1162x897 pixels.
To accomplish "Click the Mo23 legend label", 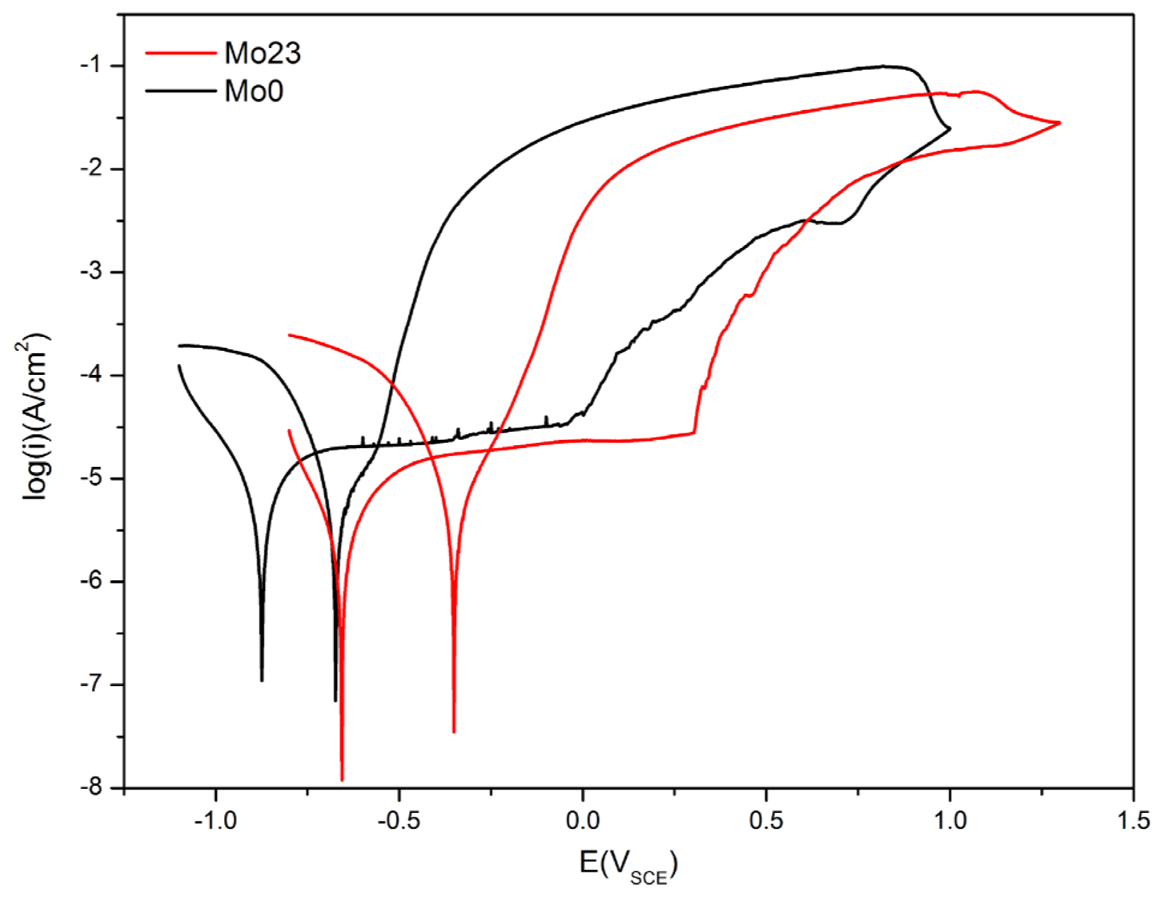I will [x=262, y=53].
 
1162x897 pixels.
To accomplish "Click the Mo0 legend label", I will [x=254, y=92].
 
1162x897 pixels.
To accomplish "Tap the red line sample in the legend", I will [x=181, y=53].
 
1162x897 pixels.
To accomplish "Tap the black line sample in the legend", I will [x=181, y=91].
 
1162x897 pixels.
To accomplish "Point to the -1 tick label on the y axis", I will [x=94, y=65].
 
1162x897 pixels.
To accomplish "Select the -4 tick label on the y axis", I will [x=94, y=375].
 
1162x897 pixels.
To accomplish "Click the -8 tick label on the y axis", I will [x=94, y=787].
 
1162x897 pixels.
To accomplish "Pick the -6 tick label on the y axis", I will [x=94, y=581].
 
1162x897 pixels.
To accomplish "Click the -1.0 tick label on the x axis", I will [x=216, y=821].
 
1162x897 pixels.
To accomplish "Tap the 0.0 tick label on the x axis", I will [x=583, y=821].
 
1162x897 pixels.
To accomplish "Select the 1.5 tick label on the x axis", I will [x=1133, y=821].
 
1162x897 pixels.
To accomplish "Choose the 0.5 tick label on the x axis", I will [x=766, y=821].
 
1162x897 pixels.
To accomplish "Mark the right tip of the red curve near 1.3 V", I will [x=1060, y=123].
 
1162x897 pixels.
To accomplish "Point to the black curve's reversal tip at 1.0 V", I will [x=950, y=128].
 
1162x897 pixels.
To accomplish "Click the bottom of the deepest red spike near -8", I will [x=342, y=780].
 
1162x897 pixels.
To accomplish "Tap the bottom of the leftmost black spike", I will [x=262, y=680].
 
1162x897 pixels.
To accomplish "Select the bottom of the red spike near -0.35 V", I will [x=454, y=732].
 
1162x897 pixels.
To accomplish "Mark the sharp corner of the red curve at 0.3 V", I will [x=695, y=433].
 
